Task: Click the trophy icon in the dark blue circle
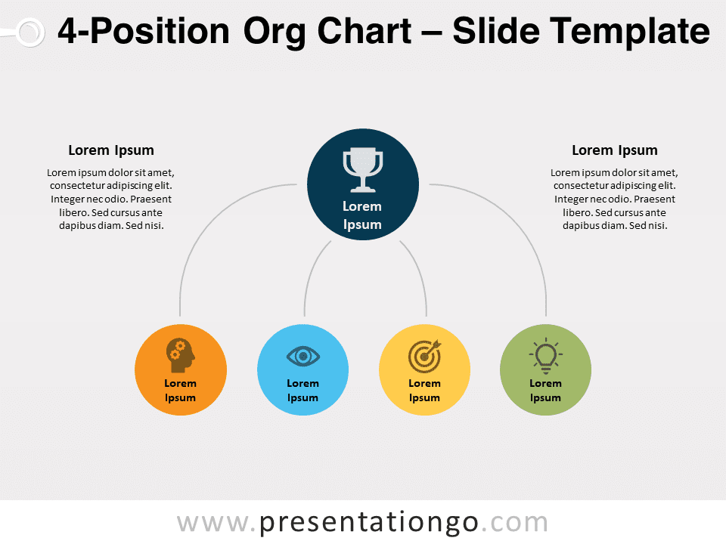point(363,170)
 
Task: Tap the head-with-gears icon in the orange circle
point(181,355)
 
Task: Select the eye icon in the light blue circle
point(302,356)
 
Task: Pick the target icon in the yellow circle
point(424,356)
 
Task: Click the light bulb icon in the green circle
point(546,356)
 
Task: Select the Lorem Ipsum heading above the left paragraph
point(111,150)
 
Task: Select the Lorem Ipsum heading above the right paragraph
point(614,150)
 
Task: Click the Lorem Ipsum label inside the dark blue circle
point(362,215)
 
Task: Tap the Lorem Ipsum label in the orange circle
point(180,391)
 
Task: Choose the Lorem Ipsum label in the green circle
point(545,391)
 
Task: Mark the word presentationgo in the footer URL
point(368,523)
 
